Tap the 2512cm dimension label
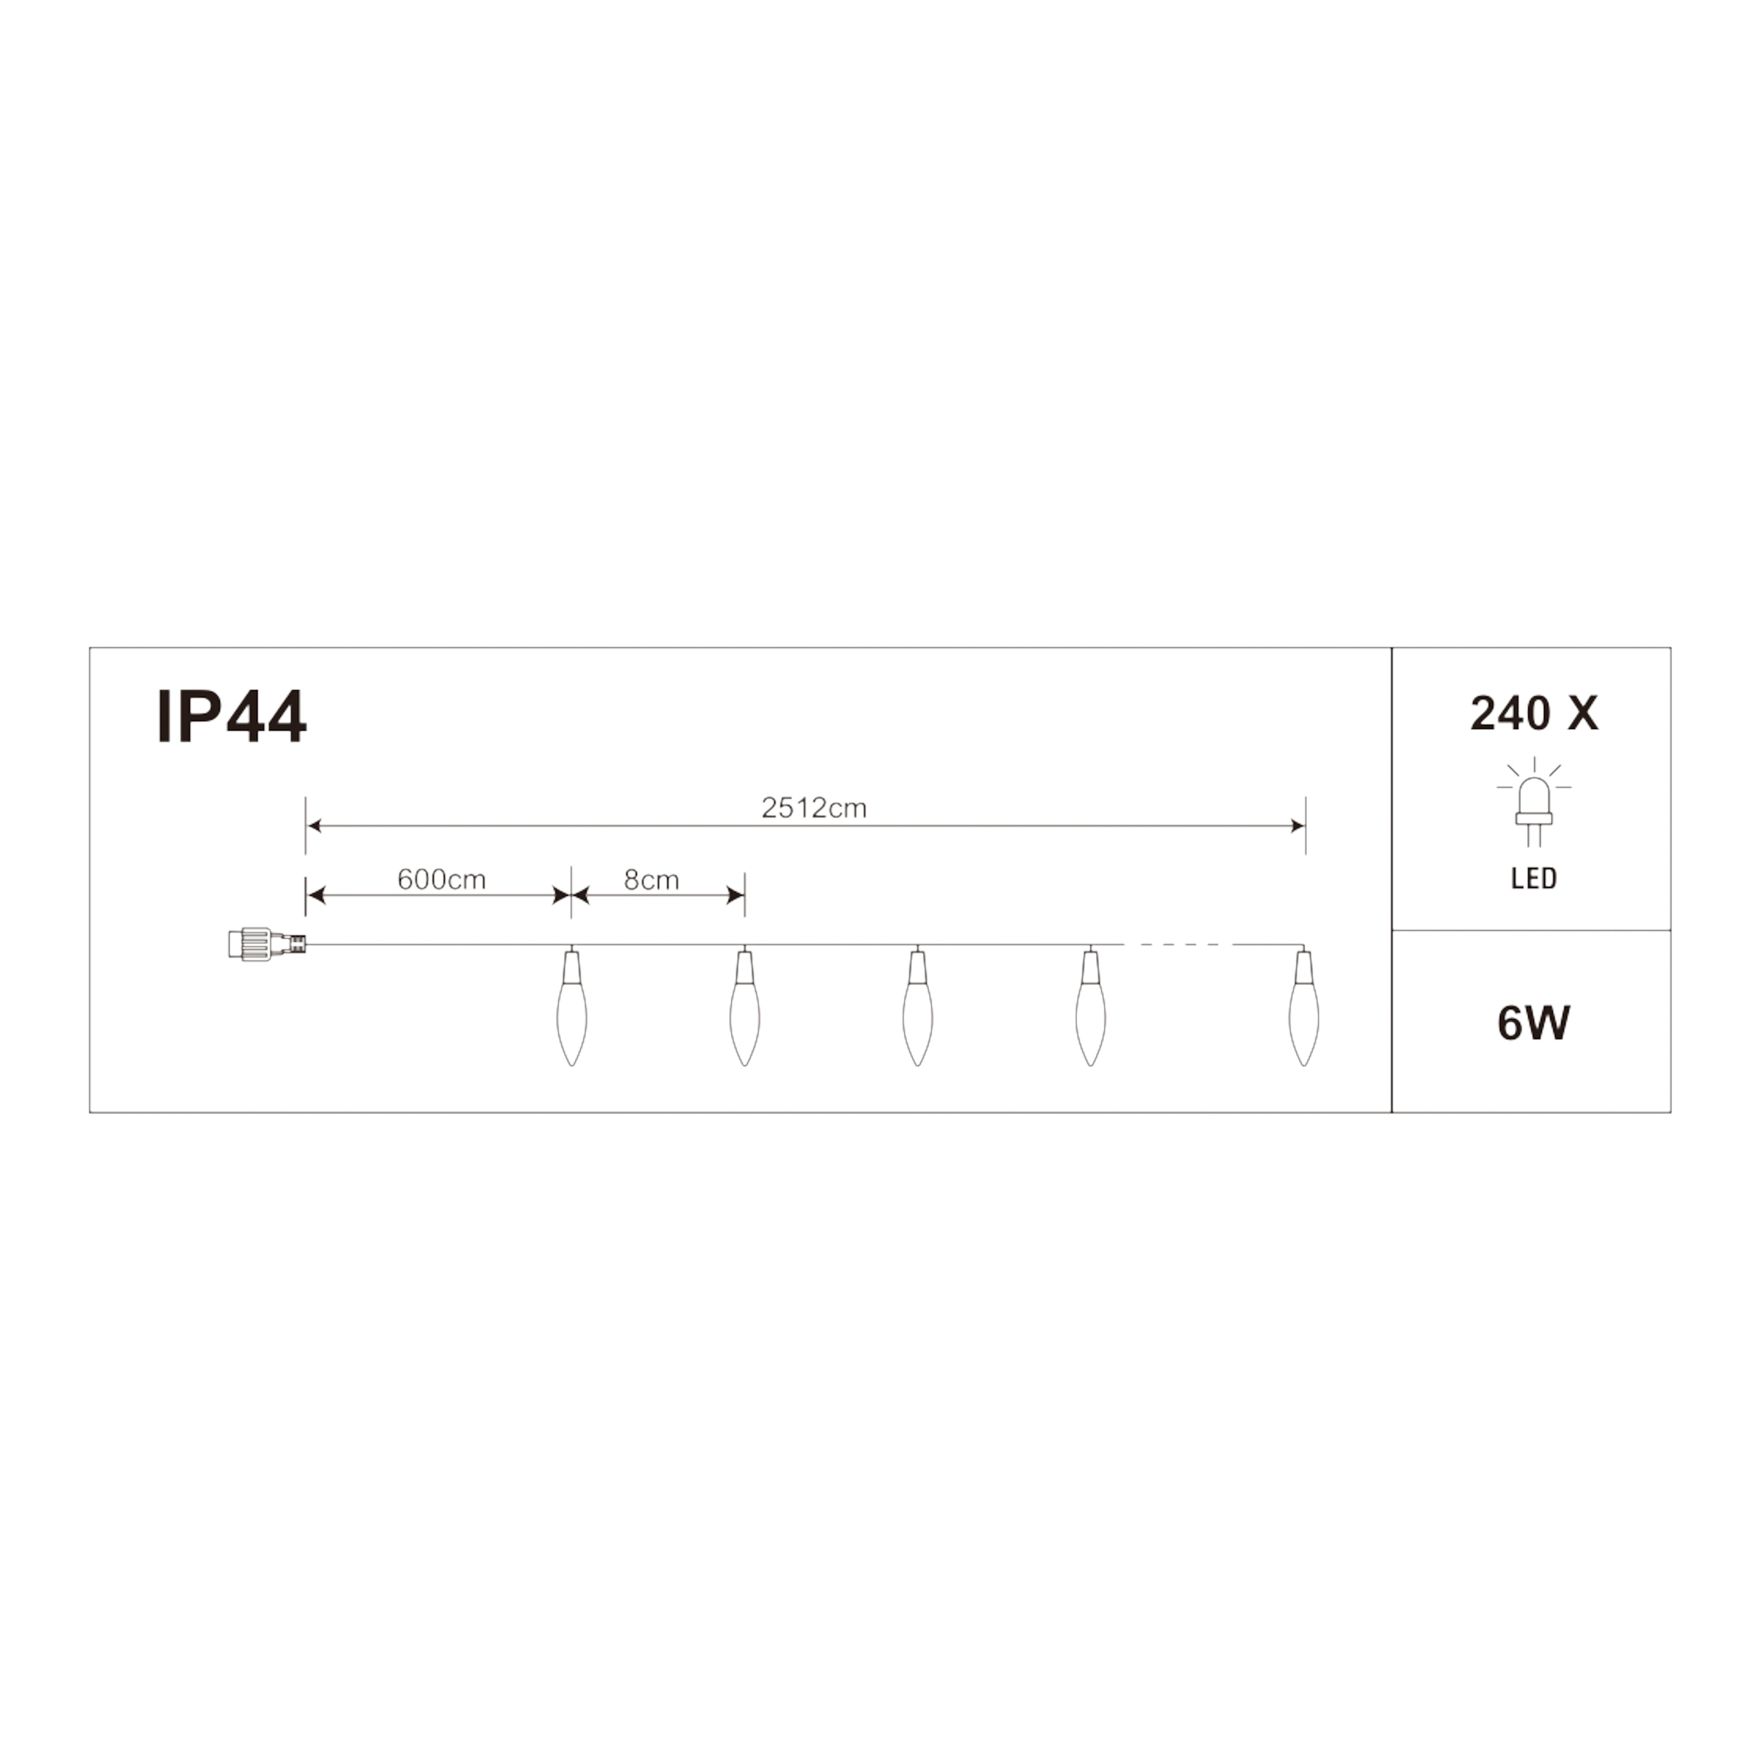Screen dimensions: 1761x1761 814,808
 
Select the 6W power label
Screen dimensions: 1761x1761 1534,1023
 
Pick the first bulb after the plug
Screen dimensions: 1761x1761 571,1006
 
